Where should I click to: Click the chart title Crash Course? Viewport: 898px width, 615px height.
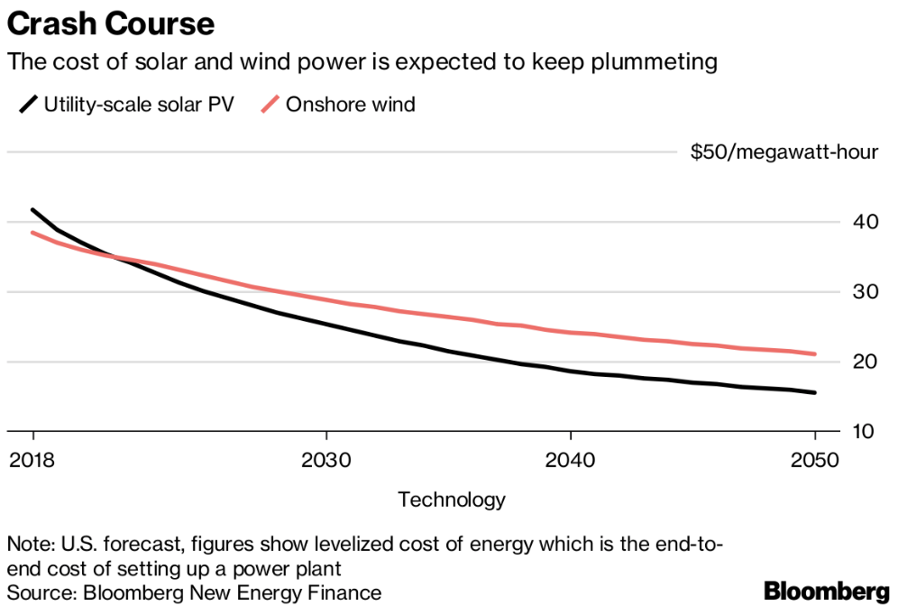click(111, 23)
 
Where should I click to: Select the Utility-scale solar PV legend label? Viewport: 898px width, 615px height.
click(139, 105)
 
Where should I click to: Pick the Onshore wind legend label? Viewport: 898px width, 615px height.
click(351, 105)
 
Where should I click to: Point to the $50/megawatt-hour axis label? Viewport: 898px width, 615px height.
click(783, 152)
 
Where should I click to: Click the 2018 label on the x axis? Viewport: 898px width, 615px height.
click(33, 459)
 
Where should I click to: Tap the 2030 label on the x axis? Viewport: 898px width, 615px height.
click(325, 459)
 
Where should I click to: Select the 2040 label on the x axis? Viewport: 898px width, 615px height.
click(570, 459)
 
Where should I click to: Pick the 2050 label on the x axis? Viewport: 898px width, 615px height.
click(814, 459)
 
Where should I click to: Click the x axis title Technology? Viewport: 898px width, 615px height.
click(451, 500)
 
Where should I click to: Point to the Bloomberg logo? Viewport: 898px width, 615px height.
click(826, 592)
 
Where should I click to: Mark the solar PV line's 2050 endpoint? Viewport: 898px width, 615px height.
click(814, 392)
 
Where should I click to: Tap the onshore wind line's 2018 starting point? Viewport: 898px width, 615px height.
click(33, 233)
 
